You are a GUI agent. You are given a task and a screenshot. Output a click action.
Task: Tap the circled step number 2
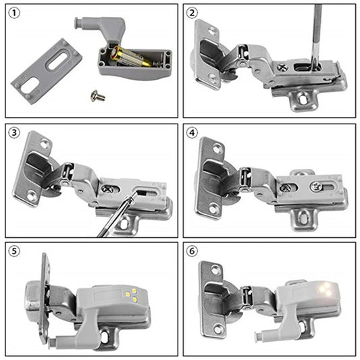click(192, 14)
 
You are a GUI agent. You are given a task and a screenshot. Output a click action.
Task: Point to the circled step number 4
click(192, 133)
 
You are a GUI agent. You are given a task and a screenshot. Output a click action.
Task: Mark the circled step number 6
click(192, 251)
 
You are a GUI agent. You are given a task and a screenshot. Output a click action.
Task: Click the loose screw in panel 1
click(97, 96)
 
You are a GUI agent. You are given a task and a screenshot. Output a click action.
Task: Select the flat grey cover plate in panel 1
click(46, 70)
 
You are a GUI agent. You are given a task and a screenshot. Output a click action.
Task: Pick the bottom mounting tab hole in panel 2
click(303, 99)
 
